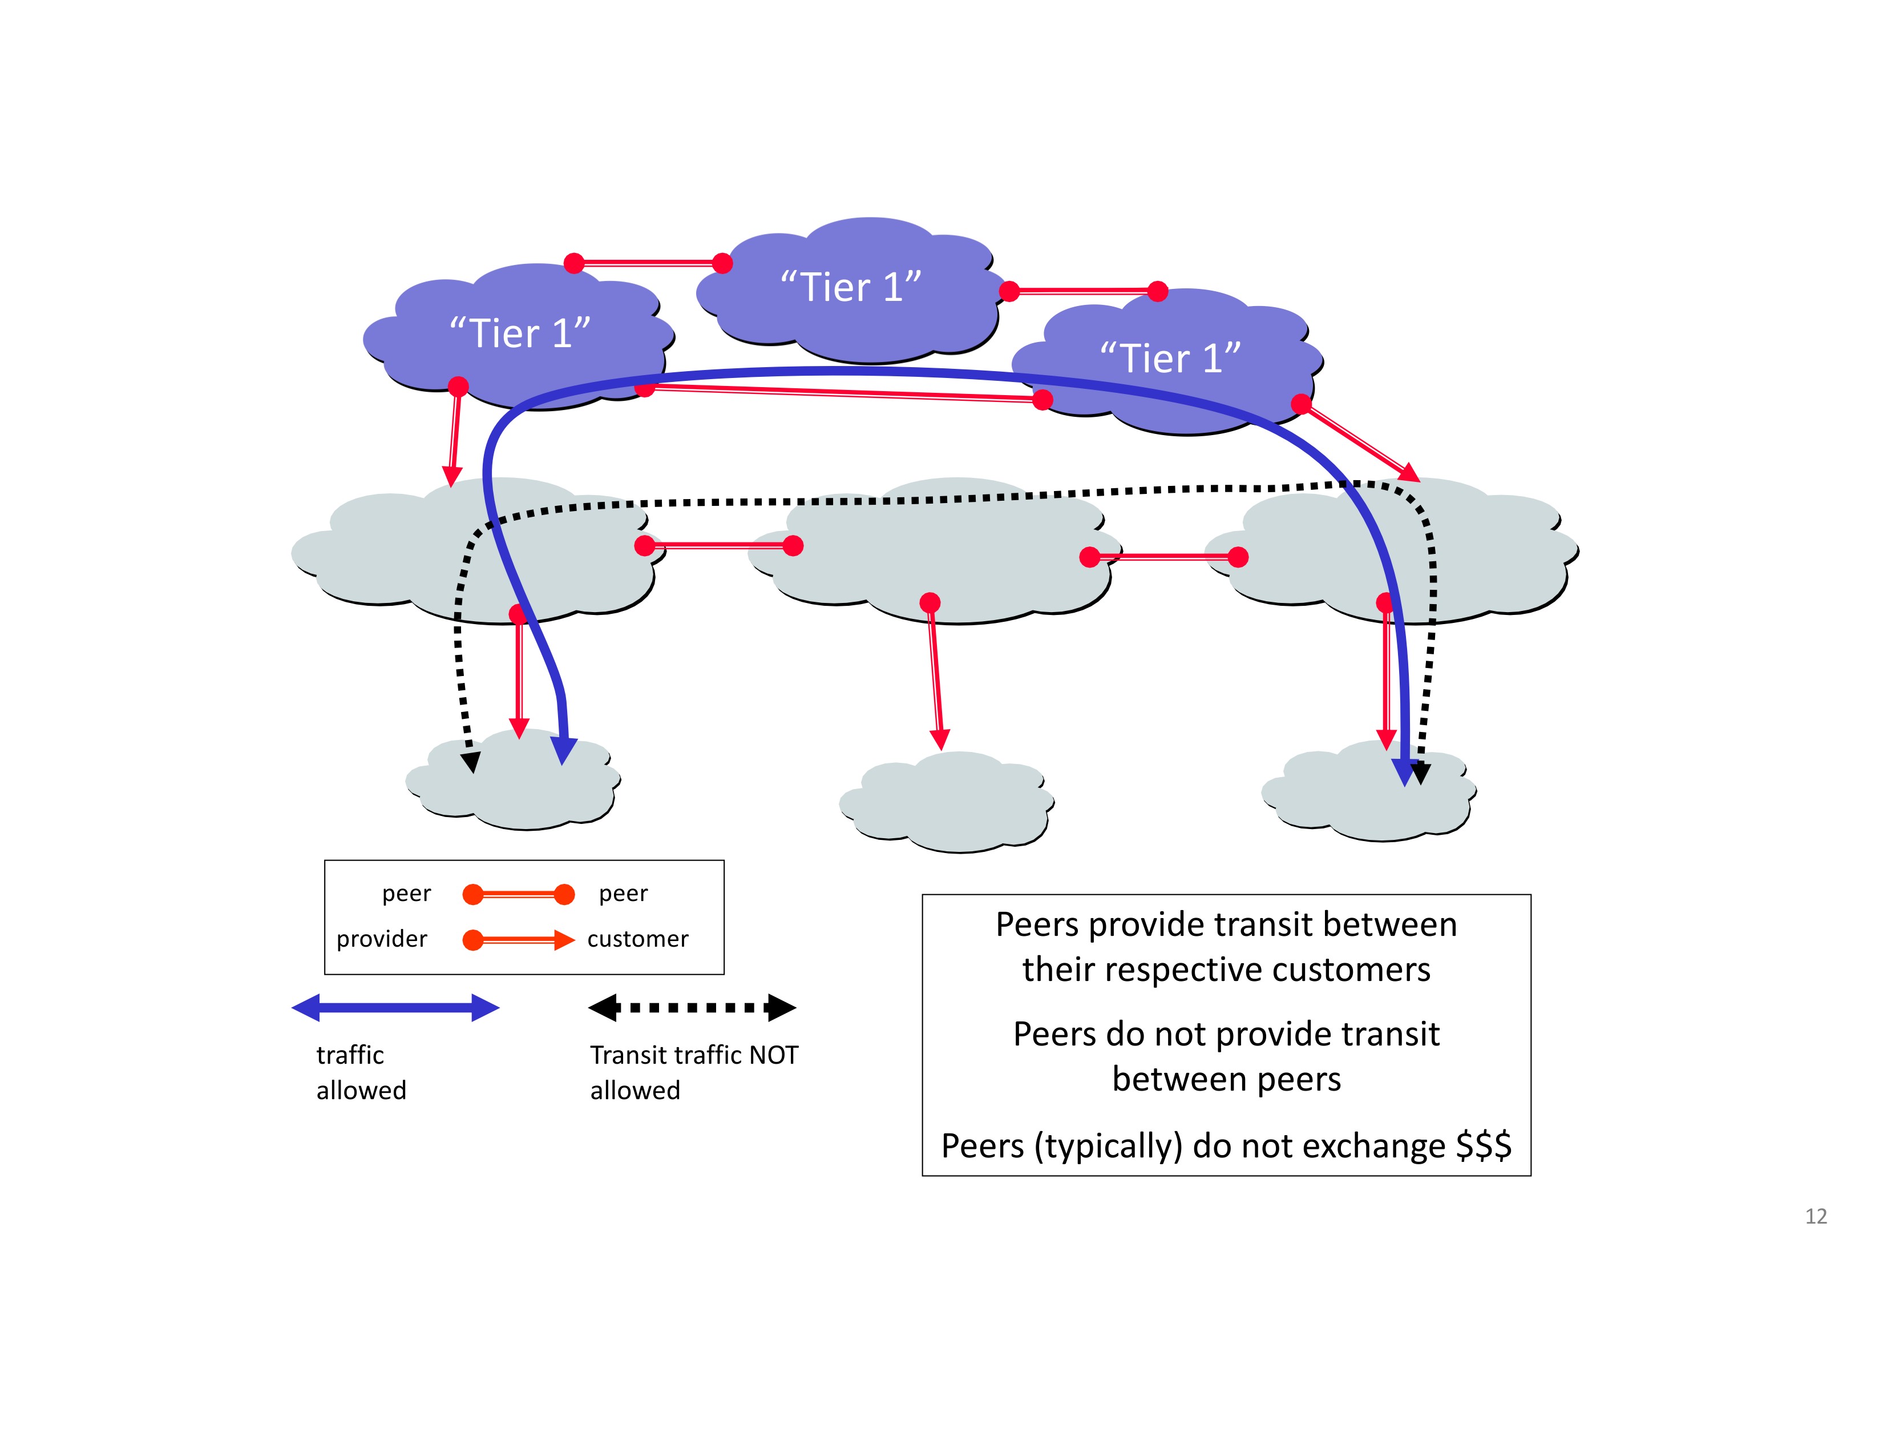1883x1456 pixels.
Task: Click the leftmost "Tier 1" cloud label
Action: [520, 333]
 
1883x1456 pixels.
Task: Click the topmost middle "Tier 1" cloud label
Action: [851, 287]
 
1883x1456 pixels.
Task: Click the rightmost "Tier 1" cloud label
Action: [1170, 358]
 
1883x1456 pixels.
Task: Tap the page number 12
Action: [1816, 1216]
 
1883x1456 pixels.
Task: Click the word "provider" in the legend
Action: [382, 939]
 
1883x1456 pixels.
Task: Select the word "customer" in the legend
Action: [638, 939]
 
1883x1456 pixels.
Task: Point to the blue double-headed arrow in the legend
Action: [396, 1007]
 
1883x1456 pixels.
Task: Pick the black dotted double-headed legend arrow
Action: [692, 1007]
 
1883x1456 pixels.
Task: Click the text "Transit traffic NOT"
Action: [694, 1055]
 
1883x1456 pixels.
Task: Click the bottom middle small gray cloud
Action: [947, 802]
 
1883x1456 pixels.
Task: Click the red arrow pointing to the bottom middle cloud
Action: [935, 675]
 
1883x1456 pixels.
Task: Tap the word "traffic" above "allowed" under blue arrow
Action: [350, 1055]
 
